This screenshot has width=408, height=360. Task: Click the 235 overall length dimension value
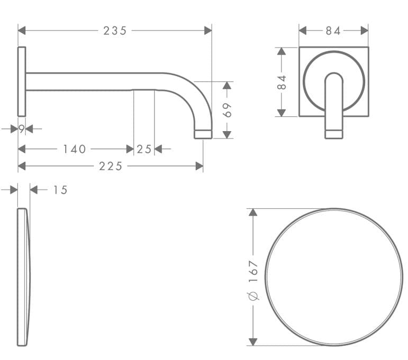[115, 31]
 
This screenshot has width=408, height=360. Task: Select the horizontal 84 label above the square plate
[333, 31]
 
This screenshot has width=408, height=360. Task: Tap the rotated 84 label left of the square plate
[282, 82]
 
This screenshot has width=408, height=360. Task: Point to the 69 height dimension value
[227, 110]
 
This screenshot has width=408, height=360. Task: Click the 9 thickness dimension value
[22, 128]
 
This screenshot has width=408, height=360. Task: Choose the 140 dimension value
[75, 149]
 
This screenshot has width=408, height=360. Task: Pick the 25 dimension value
[144, 149]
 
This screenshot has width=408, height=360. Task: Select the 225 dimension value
[111, 166]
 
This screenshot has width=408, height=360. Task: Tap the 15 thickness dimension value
[60, 190]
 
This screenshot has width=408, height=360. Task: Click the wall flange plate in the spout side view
[22, 81]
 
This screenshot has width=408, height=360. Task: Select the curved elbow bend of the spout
[194, 95]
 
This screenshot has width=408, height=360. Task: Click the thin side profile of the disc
[23, 276]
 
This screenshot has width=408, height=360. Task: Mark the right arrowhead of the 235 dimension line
[208, 31]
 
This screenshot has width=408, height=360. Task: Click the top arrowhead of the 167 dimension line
[253, 212]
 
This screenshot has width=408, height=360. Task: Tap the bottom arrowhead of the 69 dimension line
[227, 135]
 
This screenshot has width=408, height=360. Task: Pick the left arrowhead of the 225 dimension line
[22, 166]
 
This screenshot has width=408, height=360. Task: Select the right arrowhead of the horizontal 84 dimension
[365, 31]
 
